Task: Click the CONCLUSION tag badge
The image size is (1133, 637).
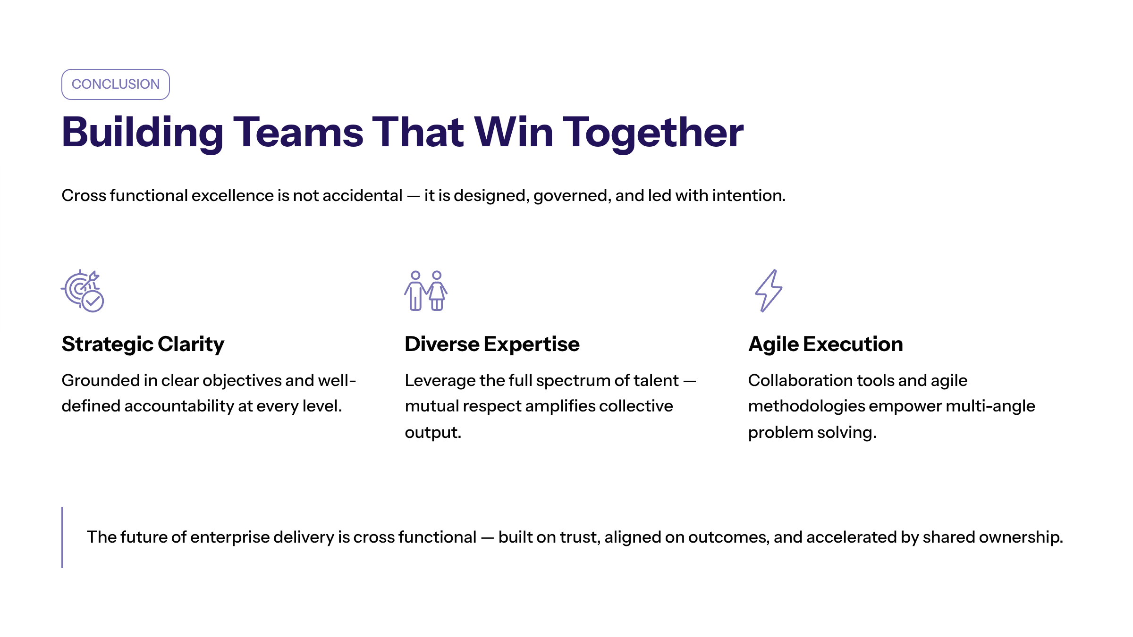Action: [116, 84]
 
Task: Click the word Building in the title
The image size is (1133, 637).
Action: [142, 134]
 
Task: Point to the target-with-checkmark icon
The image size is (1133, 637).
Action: [83, 291]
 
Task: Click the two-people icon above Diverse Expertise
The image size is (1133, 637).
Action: [426, 291]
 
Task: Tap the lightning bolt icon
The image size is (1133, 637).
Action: [769, 291]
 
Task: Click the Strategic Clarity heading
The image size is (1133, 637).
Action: [143, 344]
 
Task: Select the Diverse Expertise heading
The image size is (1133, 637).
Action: [492, 344]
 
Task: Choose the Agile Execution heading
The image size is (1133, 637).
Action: [826, 344]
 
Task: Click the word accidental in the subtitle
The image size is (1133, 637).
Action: [363, 195]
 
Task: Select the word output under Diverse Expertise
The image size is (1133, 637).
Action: [433, 433]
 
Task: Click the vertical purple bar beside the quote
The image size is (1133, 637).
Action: [62, 537]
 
